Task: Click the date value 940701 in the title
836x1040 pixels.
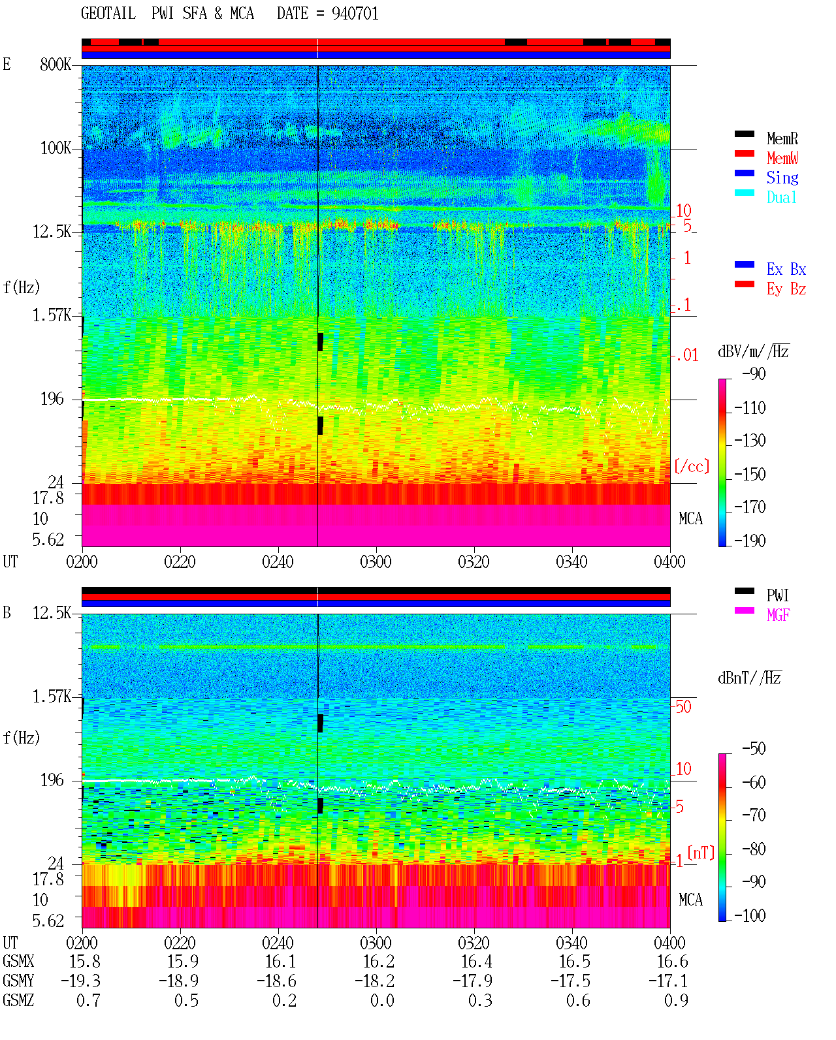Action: click(x=355, y=14)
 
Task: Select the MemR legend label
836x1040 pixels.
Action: click(x=782, y=138)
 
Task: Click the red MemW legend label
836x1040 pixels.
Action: click(x=782, y=158)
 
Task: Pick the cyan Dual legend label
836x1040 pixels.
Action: click(x=781, y=197)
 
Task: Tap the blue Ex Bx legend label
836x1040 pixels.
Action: click(x=786, y=269)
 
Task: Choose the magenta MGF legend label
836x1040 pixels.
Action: click(x=778, y=615)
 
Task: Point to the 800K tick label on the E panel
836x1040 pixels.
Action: click(x=56, y=64)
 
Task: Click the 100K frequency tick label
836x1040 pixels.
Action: click(x=56, y=148)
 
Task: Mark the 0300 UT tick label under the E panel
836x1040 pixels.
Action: click(x=376, y=561)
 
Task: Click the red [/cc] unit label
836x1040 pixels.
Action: click(x=692, y=466)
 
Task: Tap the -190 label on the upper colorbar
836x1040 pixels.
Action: click(x=750, y=541)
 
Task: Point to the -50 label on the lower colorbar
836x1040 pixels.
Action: click(x=754, y=748)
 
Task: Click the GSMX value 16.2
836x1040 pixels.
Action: click(x=379, y=962)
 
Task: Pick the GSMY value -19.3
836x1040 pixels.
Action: click(x=80, y=981)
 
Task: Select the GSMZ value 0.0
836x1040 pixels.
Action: click(x=382, y=1000)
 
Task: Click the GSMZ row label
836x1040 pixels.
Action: click(x=18, y=1000)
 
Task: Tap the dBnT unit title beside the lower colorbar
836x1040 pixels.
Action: click(x=749, y=678)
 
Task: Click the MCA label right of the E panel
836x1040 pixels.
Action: click(x=690, y=518)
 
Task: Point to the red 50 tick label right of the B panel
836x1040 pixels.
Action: click(x=683, y=706)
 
